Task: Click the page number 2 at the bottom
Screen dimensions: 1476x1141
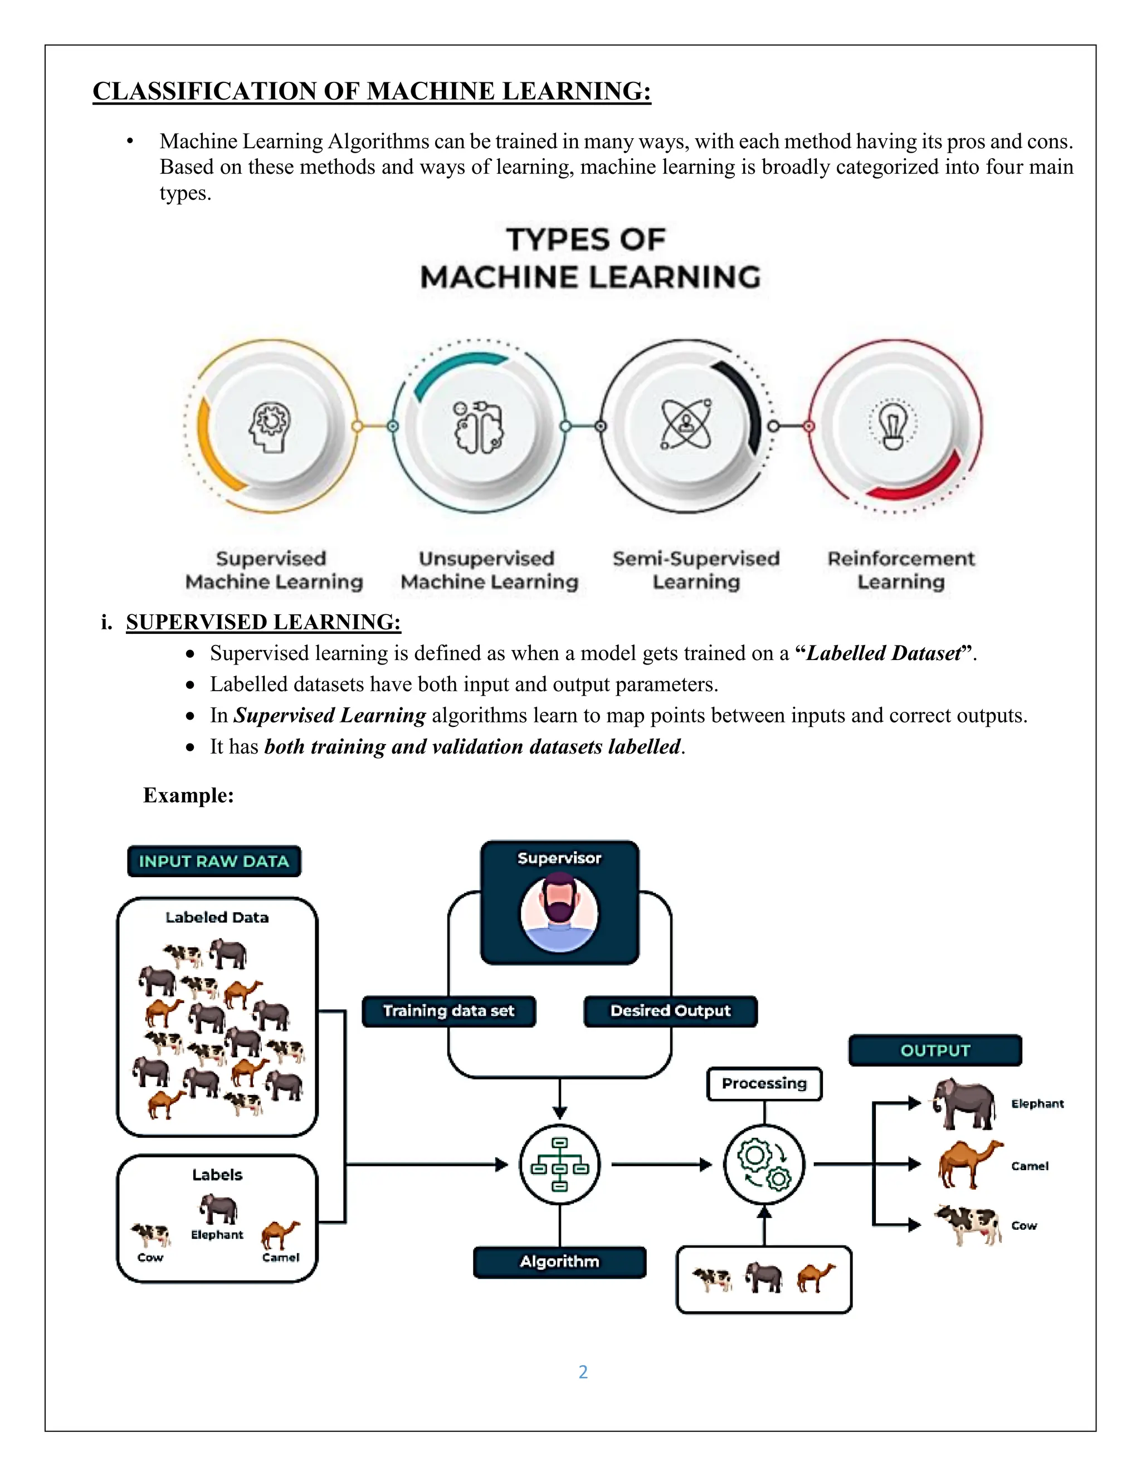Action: point(583,1371)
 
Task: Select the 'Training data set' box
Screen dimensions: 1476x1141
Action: point(449,1011)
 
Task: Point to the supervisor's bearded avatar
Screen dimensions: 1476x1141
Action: point(559,912)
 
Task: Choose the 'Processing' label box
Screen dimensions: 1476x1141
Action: point(764,1083)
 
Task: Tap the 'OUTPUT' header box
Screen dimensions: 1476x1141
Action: point(935,1050)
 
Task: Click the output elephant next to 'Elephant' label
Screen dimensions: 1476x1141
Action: point(964,1103)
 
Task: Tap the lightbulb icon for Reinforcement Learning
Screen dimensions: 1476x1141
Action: point(893,426)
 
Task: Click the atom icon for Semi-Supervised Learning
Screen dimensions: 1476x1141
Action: point(685,426)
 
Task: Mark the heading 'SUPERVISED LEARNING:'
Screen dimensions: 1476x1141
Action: point(264,622)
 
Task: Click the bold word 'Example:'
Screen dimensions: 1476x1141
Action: point(189,795)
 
